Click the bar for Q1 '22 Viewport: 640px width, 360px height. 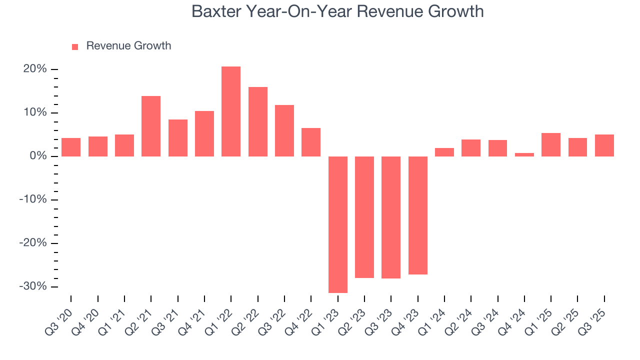pyautogui.click(x=231, y=111)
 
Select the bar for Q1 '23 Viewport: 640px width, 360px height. pyautogui.click(x=338, y=224)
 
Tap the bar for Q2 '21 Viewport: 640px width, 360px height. pyautogui.click(x=151, y=126)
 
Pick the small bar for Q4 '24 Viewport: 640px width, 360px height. pyautogui.click(x=524, y=154)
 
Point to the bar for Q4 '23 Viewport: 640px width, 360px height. pyautogui.click(x=418, y=215)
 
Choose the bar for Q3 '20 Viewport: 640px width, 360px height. pyautogui.click(x=71, y=147)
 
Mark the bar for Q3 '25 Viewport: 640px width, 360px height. pyautogui.click(x=604, y=145)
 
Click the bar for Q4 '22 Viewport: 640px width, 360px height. pyautogui.click(x=311, y=142)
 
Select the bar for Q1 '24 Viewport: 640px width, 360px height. pyautogui.click(x=444, y=152)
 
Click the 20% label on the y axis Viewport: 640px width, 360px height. pyautogui.click(x=35, y=69)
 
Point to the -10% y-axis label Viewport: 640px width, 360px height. pyautogui.click(x=33, y=199)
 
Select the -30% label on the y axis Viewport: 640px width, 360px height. pyautogui.click(x=33, y=286)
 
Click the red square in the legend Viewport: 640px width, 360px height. pyautogui.click(x=75, y=46)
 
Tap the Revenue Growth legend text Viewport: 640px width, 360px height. pyautogui.click(x=128, y=46)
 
